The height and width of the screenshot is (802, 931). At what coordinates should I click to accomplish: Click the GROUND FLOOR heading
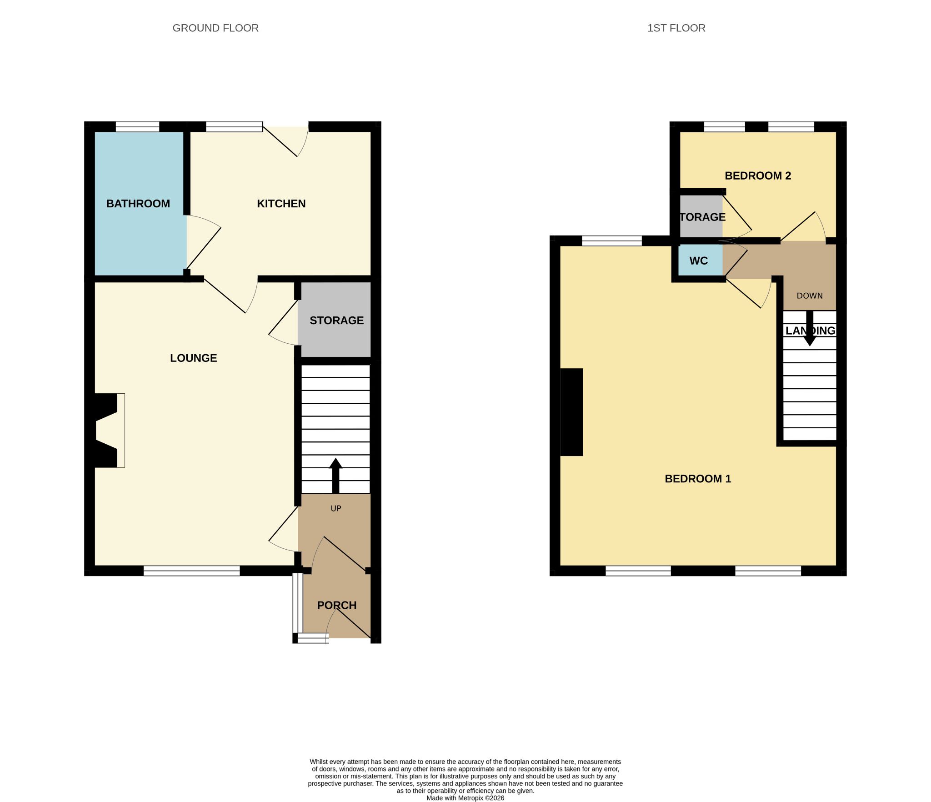[215, 28]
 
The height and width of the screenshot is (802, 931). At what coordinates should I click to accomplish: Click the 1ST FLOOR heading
[676, 28]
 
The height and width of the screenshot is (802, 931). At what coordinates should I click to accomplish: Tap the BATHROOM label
[138, 204]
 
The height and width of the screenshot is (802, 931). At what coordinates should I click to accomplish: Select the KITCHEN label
[281, 204]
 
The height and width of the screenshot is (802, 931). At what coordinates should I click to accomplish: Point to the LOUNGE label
[194, 358]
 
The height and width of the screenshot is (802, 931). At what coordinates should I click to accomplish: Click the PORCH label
[337, 606]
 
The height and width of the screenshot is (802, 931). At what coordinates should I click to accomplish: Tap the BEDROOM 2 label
[758, 176]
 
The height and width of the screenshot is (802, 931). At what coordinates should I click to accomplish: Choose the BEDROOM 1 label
[698, 479]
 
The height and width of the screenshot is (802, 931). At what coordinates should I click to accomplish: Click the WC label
[699, 261]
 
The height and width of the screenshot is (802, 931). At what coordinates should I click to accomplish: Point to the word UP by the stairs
[336, 509]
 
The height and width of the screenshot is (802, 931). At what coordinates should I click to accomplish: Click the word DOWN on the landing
[810, 296]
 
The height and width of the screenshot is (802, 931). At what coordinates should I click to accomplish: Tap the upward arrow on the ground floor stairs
[335, 476]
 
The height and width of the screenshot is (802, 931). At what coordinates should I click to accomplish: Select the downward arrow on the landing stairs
[810, 328]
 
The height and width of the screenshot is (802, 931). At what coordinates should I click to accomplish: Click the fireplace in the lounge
[108, 430]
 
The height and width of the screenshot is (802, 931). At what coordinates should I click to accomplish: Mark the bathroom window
[138, 127]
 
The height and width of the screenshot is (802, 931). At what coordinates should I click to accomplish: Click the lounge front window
[192, 571]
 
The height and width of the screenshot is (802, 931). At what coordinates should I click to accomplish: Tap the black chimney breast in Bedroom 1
[571, 412]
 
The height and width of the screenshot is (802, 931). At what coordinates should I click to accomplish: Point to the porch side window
[297, 603]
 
